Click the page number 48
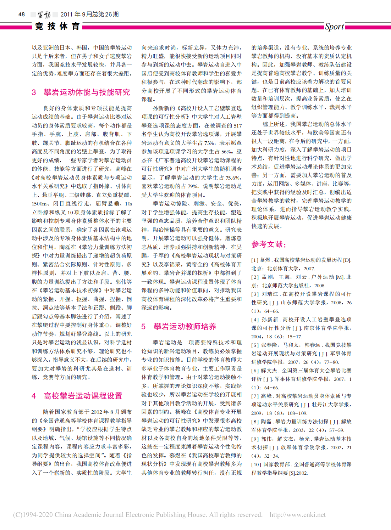[22, 15]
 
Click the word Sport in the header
[334, 27]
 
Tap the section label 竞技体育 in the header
[57, 26]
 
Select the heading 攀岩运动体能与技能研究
[87, 92]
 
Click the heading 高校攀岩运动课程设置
[83, 396]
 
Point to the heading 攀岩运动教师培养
[185, 326]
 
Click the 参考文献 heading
[269, 244]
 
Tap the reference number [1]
[255, 260]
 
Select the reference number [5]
[255, 345]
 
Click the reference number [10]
[256, 464]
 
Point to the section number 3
[34, 92]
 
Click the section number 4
[34, 396]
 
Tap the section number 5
[143, 326]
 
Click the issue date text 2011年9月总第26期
[89, 15]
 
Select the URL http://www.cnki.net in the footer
[297, 515]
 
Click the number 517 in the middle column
[237, 126]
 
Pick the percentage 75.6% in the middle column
[232, 178]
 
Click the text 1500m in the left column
[39, 204]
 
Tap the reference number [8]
[255, 422]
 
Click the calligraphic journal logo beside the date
[44, 15]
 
